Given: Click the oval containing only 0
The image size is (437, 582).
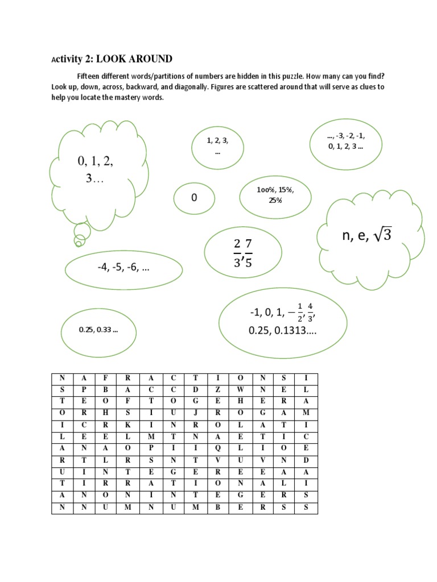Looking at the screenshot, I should point(194,198).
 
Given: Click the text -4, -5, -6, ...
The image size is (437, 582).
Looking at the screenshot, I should point(123,269).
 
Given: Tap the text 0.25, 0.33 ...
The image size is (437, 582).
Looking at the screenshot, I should point(99,330).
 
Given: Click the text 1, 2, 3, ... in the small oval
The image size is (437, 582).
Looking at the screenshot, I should point(217,145).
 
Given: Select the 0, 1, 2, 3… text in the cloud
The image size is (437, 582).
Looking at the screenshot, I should point(96,170).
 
